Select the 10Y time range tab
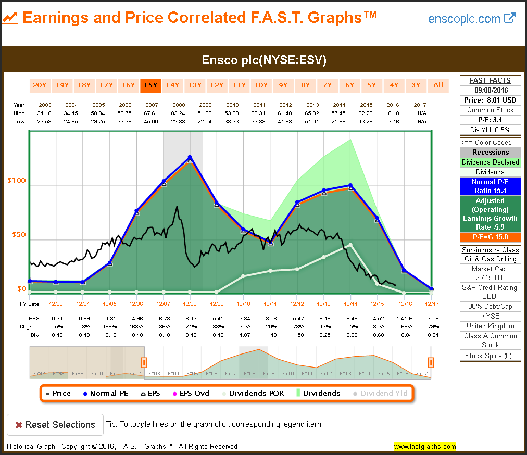pyautogui.click(x=260, y=85)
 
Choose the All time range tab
pyautogui.click(x=438, y=85)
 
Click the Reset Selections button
pyautogui.click(x=55, y=425)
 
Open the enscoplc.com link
pyautogui.click(x=471, y=19)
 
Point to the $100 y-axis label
pyautogui.click(x=16, y=181)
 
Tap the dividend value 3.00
pyautogui.click(x=350, y=335)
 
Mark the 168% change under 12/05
pyautogui.click(x=110, y=326)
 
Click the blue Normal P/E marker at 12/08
pyautogui.click(x=190, y=157)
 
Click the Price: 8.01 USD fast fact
pyautogui.click(x=490, y=100)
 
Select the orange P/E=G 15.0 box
pyautogui.click(x=490, y=237)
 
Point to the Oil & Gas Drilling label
pyautogui.click(x=490, y=259)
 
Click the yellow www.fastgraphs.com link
pyautogui.click(x=424, y=446)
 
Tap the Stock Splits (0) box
pyautogui.click(x=490, y=356)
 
